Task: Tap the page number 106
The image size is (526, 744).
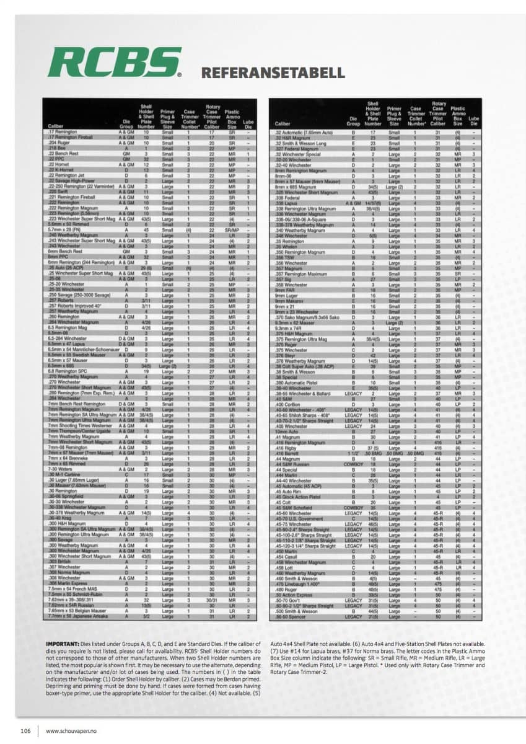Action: tap(25, 730)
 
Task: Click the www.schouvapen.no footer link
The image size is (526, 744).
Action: tap(67, 730)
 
